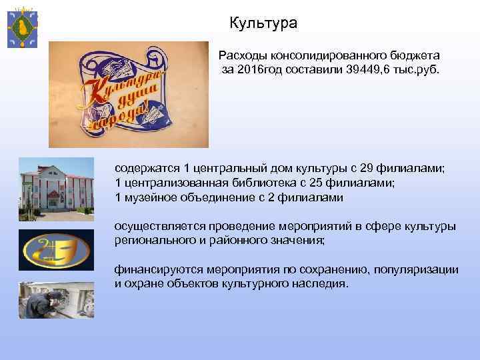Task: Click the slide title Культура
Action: coord(263,24)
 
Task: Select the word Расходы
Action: coord(242,56)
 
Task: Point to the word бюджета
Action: coord(415,56)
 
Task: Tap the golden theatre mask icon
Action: coord(56,250)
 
